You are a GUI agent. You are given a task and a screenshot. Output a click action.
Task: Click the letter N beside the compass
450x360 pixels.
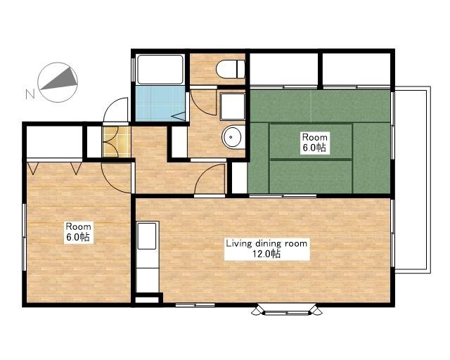[30, 94]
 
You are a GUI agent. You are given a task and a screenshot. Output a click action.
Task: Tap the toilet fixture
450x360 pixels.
[231, 69]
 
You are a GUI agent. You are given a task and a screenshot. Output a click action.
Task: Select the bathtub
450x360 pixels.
[160, 69]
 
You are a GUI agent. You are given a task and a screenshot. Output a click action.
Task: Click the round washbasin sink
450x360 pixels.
[233, 137]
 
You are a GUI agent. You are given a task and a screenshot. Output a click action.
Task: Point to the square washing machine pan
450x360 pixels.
[233, 106]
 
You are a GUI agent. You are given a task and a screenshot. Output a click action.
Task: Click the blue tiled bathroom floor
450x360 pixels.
[160, 103]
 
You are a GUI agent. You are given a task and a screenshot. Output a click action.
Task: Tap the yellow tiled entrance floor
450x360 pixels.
[117, 141]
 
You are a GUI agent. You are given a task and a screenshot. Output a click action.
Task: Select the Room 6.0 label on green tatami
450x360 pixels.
[314, 142]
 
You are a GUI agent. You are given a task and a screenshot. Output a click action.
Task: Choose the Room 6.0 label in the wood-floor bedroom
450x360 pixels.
[79, 231]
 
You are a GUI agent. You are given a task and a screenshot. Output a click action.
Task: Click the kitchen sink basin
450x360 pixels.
[147, 236]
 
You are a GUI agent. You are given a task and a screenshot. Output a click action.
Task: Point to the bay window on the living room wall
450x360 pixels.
[287, 309]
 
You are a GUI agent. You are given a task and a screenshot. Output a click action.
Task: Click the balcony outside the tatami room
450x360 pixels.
[413, 180]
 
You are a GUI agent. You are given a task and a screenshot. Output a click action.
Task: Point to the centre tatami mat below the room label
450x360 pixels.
[311, 176]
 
